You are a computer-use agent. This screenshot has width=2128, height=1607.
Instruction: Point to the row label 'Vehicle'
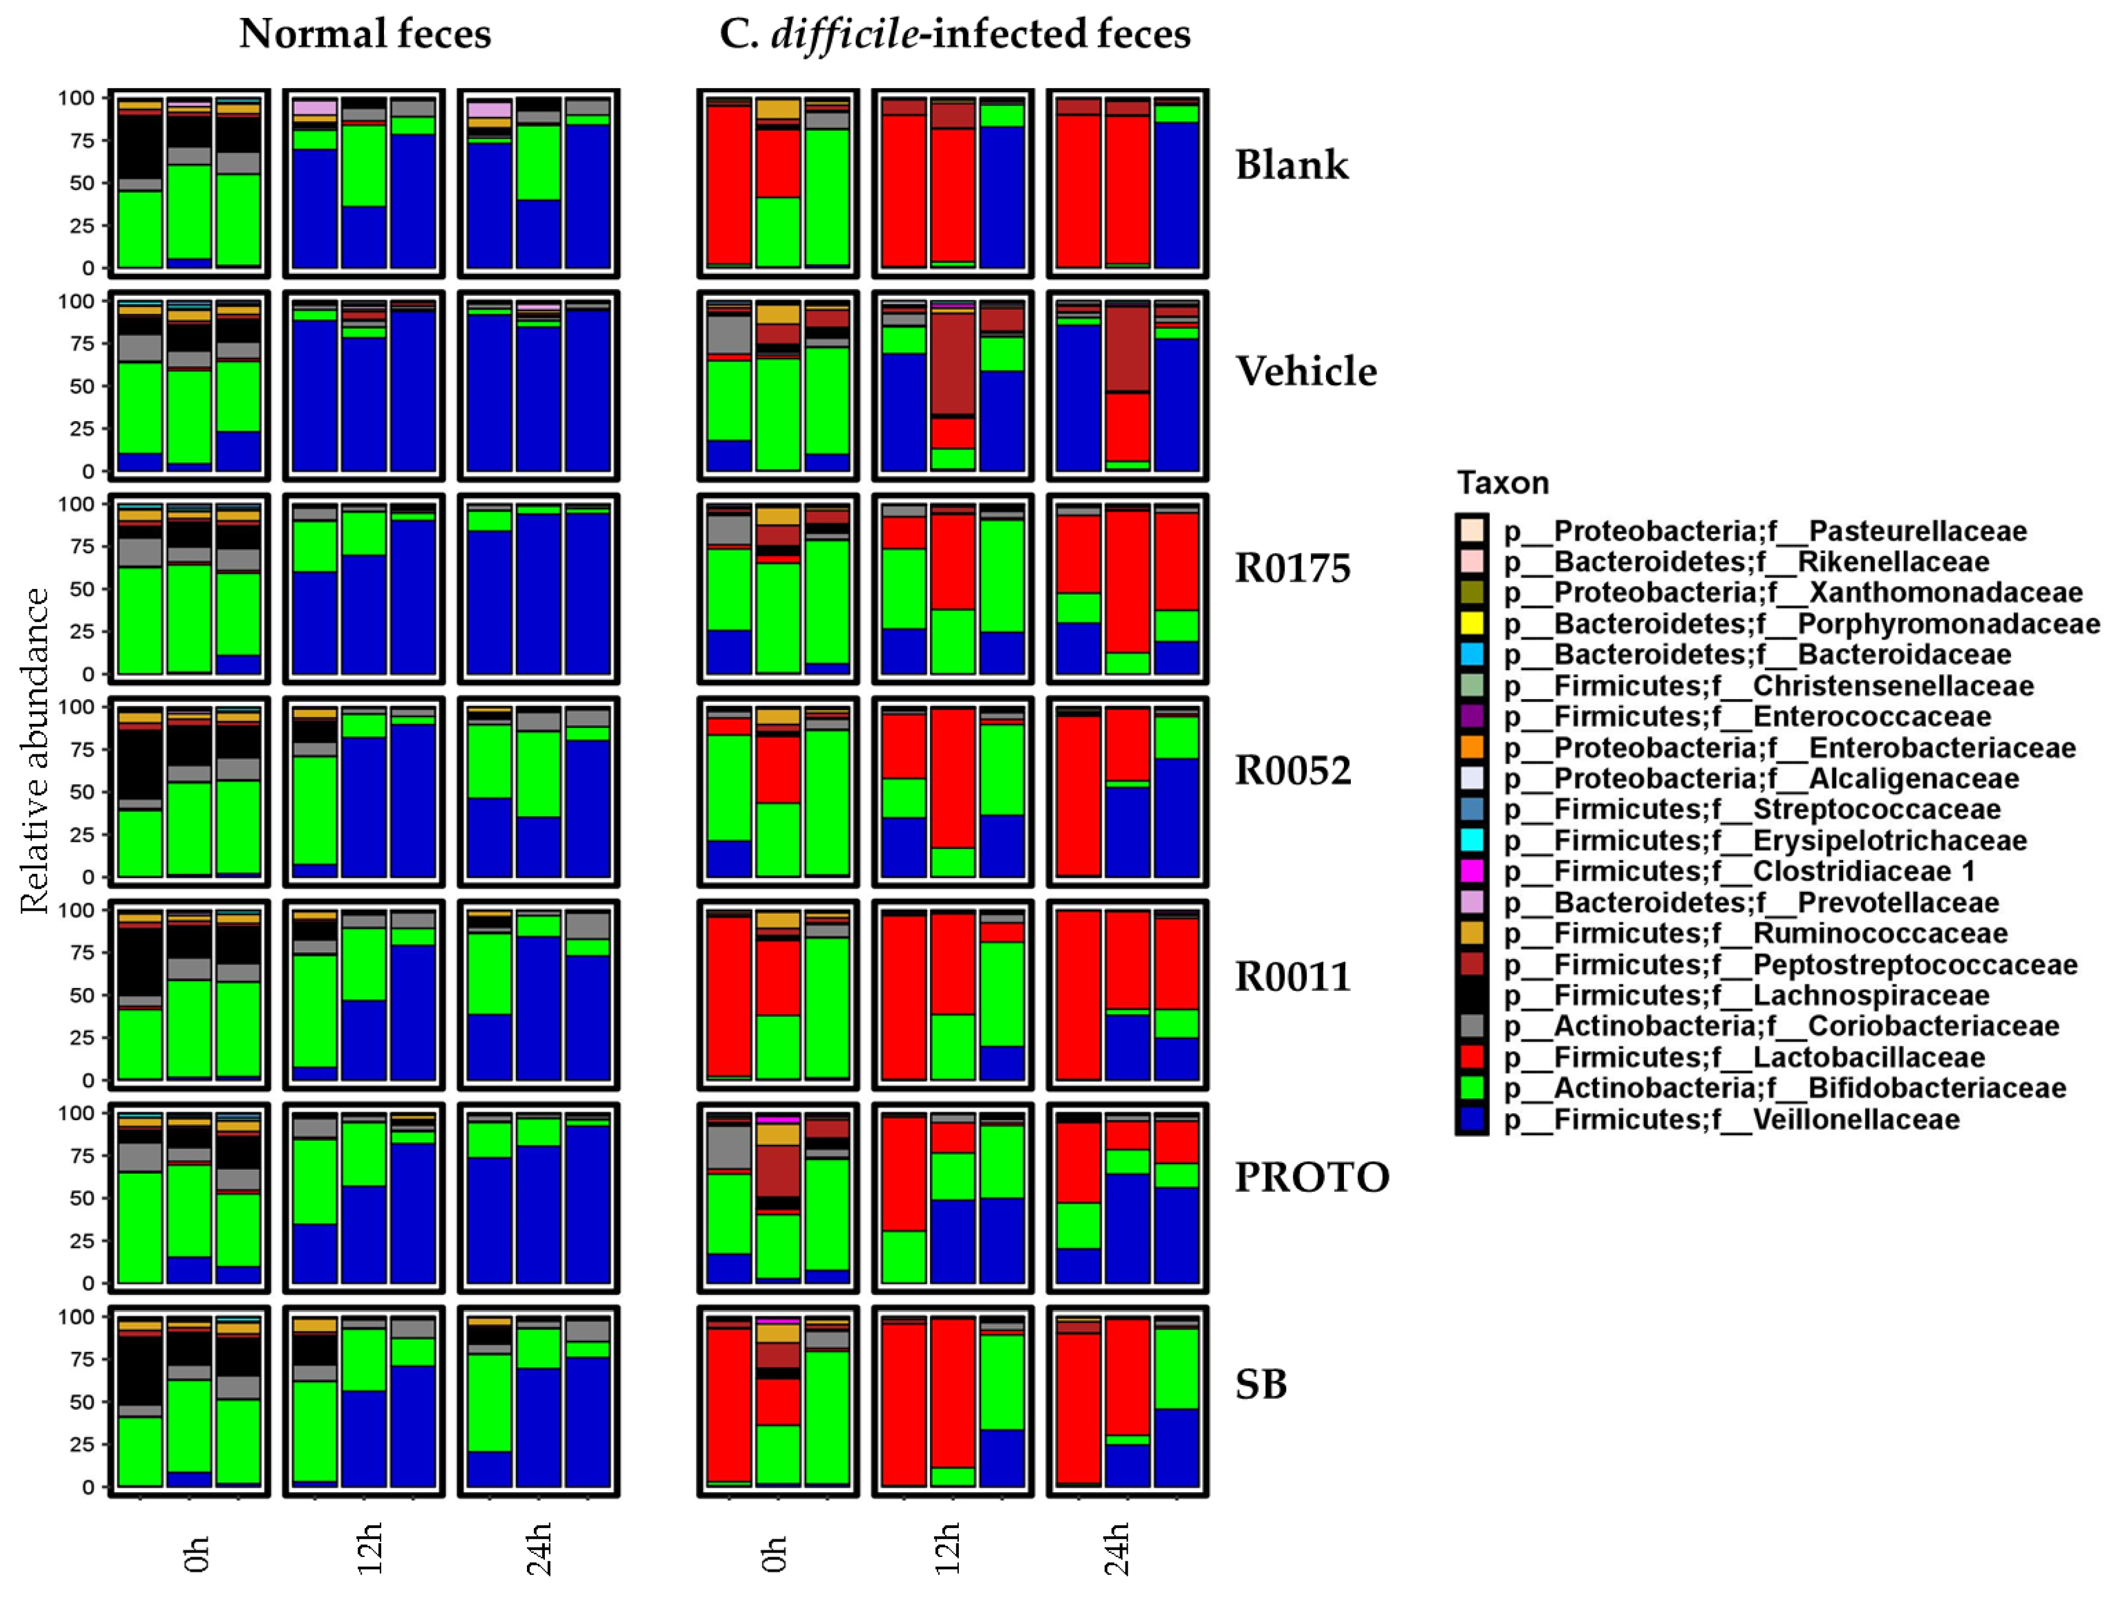tap(1305, 371)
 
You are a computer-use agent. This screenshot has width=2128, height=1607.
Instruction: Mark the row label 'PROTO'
tap(1311, 1177)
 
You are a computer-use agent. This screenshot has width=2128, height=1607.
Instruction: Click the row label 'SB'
tap(1260, 1384)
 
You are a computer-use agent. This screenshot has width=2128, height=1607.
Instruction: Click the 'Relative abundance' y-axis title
tap(35, 750)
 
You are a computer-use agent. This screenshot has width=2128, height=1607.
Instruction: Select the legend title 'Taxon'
tap(1502, 482)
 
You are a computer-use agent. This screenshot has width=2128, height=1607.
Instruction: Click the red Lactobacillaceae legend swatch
tap(1472, 1057)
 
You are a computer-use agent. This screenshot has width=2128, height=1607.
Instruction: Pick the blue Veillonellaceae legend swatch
tap(1472, 1119)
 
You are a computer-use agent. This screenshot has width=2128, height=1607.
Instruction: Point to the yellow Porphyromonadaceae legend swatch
tap(1472, 624)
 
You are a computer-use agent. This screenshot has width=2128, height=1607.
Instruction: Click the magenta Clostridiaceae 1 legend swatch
tap(1472, 871)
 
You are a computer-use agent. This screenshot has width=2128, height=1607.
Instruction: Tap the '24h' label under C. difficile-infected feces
tap(1117, 1548)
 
